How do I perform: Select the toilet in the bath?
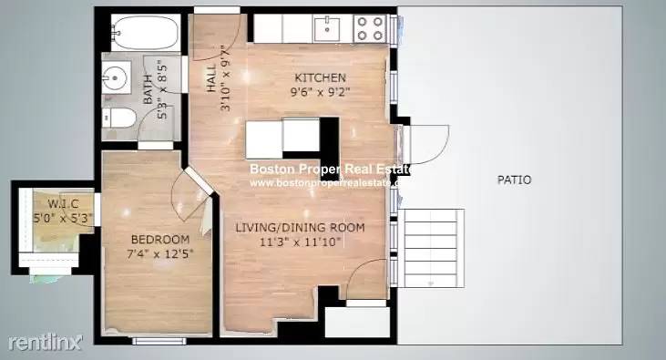pos(112,118)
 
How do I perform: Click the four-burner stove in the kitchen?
pos(369,29)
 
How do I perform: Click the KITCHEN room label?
pos(319,77)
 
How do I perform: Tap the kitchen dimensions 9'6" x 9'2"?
pos(321,91)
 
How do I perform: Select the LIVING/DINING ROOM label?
pos(300,227)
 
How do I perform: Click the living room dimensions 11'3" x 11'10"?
pos(300,242)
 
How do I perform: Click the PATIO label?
pos(514,180)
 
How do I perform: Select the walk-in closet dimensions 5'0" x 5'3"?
pos(53,218)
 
